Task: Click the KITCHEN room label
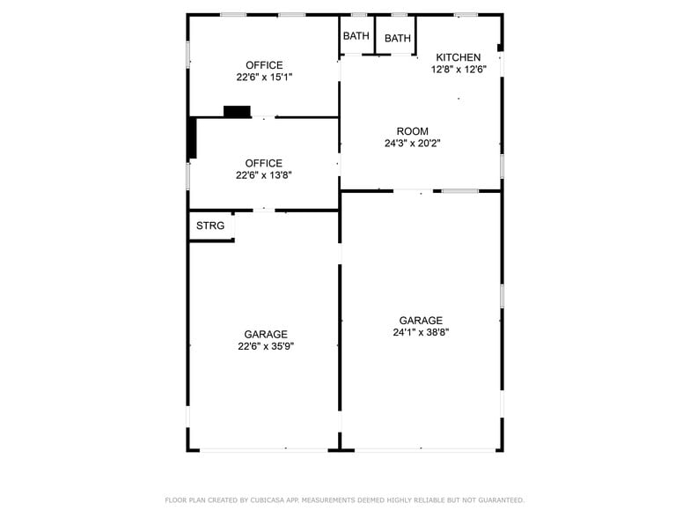click(458, 57)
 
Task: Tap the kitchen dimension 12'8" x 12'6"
click(458, 69)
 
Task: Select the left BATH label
click(356, 36)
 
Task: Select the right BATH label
click(397, 38)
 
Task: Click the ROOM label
click(412, 131)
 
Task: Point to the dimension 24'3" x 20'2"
click(412, 143)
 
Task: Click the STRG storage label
click(210, 226)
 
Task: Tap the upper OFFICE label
click(264, 65)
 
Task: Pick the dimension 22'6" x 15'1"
click(264, 77)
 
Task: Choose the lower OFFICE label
click(264, 163)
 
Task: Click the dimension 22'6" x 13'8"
click(264, 174)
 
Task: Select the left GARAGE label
click(266, 335)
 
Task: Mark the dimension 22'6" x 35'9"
click(266, 346)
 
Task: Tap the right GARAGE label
click(421, 321)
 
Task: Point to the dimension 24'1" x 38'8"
click(421, 332)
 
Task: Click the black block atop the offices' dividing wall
click(237, 111)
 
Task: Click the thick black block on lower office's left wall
click(192, 138)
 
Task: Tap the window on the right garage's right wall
click(502, 295)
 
